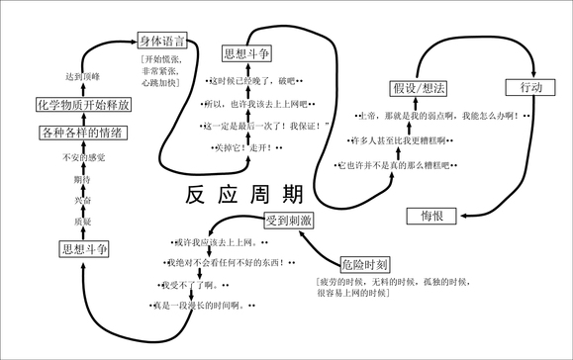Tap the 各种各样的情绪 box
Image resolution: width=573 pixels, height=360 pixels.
coord(82,133)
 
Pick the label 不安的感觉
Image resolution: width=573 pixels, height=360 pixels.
coord(83,157)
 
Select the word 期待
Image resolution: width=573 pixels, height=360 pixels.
coord(83,179)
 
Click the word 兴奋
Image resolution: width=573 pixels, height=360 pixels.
coord(83,201)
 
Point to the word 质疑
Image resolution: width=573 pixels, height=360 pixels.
coord(83,222)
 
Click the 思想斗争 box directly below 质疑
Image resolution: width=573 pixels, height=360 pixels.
coord(83,248)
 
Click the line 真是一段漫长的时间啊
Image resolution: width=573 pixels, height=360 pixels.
coord(201,307)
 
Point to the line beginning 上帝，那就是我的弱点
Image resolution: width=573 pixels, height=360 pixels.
coord(445,117)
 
